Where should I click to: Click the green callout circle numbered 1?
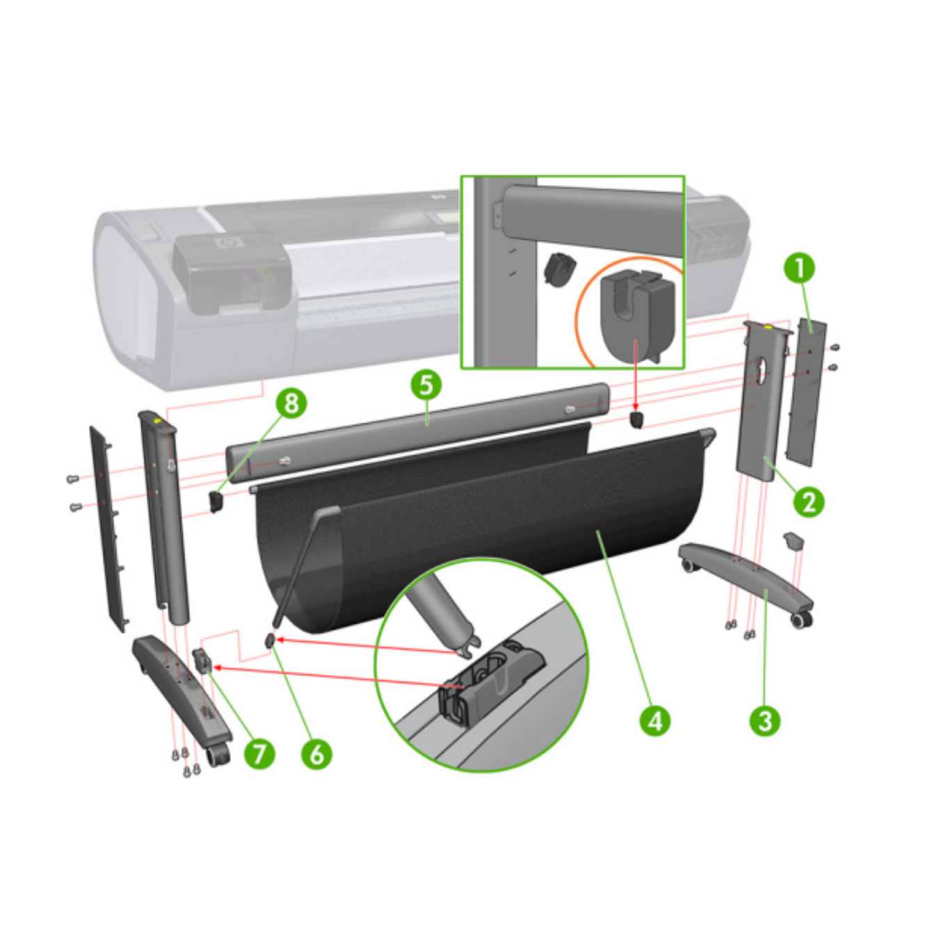point(801,268)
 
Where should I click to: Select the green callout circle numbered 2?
point(808,501)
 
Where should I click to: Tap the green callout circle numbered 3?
point(765,720)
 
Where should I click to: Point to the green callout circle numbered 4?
point(655,721)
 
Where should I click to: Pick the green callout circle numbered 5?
point(426,385)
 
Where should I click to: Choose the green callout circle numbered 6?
point(316,753)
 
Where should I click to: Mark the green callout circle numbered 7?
point(259,753)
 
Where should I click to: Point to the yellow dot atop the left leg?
point(158,420)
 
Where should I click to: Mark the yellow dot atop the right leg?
point(766,325)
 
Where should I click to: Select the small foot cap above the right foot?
point(794,540)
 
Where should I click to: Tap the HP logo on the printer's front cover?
point(226,244)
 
